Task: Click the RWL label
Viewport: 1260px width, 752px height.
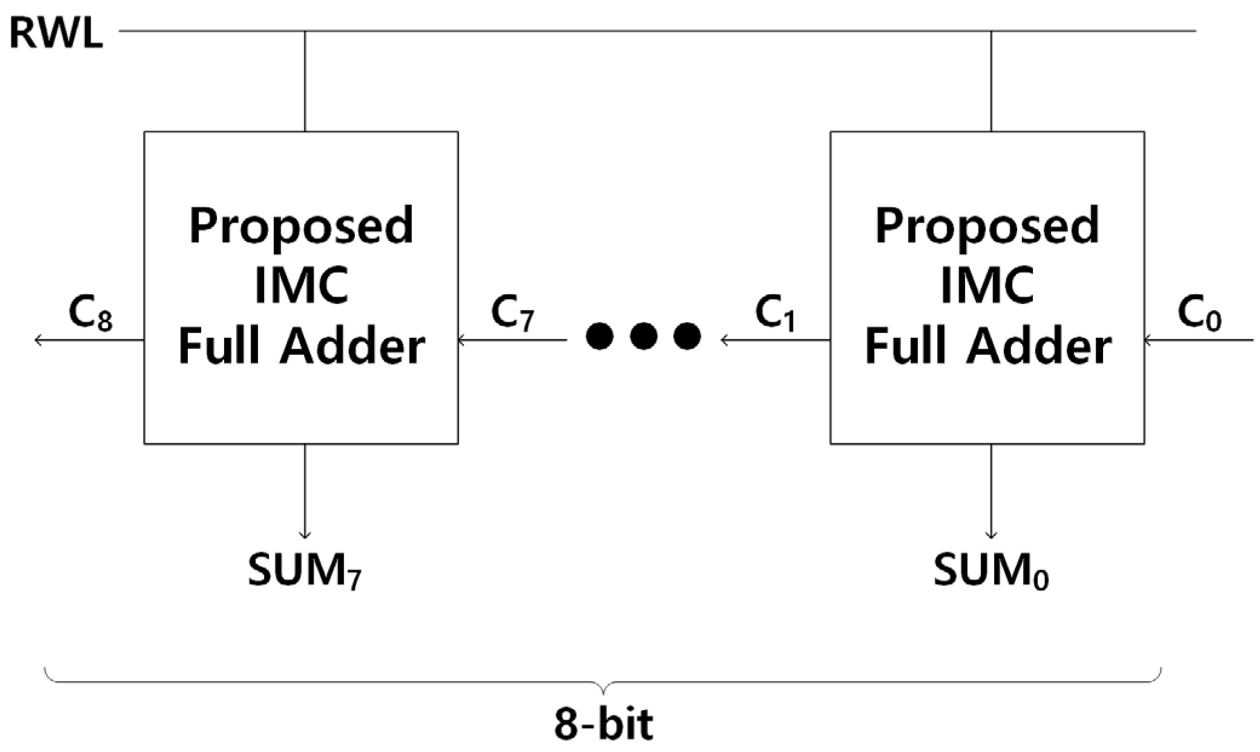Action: [x=56, y=34]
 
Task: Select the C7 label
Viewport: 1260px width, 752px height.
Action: [x=512, y=314]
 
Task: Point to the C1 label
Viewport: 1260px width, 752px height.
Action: [x=775, y=314]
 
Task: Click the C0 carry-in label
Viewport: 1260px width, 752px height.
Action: [x=1199, y=314]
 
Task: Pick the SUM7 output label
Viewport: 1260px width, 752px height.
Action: [x=305, y=571]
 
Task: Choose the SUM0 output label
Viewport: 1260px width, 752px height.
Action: [x=991, y=571]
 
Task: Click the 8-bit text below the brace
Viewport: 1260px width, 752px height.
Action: [x=604, y=724]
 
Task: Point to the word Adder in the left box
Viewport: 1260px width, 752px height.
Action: [x=351, y=347]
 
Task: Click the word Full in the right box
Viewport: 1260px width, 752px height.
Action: [x=899, y=347]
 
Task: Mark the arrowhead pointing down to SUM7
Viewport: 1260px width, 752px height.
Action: [x=305, y=534]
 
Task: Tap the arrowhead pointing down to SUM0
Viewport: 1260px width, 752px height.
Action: [x=991, y=534]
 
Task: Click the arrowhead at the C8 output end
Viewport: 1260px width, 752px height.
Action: [x=38, y=340]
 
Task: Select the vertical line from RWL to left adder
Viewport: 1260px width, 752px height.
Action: [x=305, y=82]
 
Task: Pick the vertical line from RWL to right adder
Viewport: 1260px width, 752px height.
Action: [x=991, y=82]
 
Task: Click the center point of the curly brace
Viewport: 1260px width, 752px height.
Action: [x=603, y=689]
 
